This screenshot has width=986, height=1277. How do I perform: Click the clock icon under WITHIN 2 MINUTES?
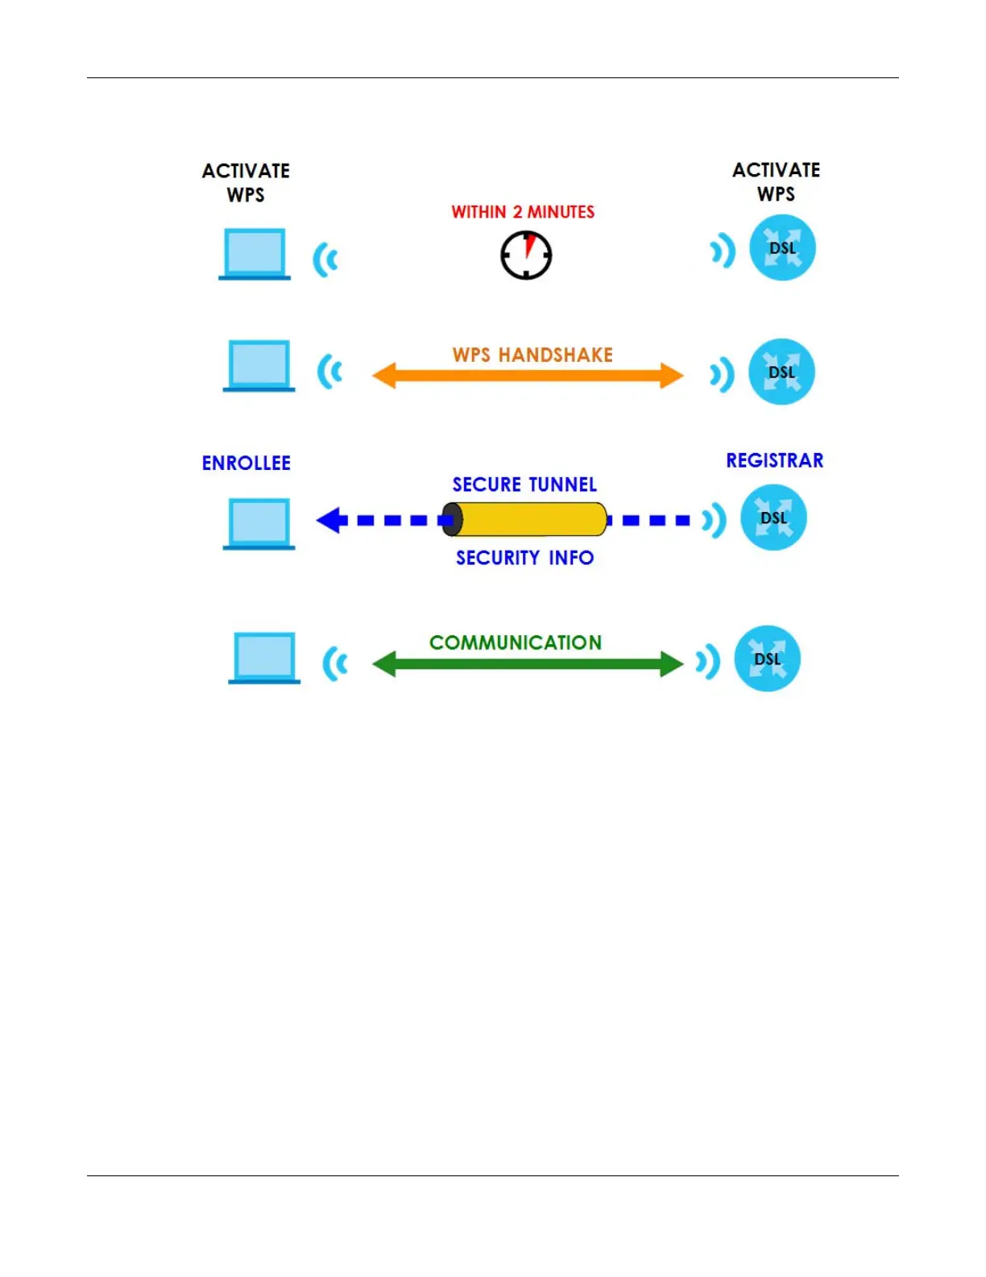click(x=526, y=255)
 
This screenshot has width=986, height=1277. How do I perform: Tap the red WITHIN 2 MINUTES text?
click(x=523, y=212)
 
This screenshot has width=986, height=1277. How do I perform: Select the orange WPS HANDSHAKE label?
click(x=532, y=355)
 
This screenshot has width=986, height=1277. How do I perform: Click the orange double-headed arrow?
click(x=528, y=376)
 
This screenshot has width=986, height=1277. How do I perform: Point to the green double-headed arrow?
click(x=528, y=664)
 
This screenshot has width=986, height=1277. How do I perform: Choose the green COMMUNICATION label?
click(x=516, y=643)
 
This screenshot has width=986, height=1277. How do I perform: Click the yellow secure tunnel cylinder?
click(x=525, y=519)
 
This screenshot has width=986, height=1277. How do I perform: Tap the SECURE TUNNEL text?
click(x=524, y=485)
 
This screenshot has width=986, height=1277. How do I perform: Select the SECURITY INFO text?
click(x=524, y=558)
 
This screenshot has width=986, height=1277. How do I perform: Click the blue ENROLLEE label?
click(x=246, y=464)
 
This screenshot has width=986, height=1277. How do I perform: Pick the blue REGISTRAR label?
click(x=775, y=461)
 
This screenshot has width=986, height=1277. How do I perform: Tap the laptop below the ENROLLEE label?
click(x=259, y=523)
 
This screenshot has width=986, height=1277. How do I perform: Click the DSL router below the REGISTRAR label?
click(x=773, y=518)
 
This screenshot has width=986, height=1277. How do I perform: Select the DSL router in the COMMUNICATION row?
click(x=767, y=659)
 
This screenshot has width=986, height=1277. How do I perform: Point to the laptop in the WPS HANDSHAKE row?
click(x=259, y=365)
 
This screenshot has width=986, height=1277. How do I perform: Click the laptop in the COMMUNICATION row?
click(x=264, y=658)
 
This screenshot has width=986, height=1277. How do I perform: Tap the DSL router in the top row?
click(x=782, y=247)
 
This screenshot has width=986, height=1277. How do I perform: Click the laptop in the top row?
click(x=255, y=254)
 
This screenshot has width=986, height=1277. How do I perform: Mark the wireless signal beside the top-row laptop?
click(x=325, y=260)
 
